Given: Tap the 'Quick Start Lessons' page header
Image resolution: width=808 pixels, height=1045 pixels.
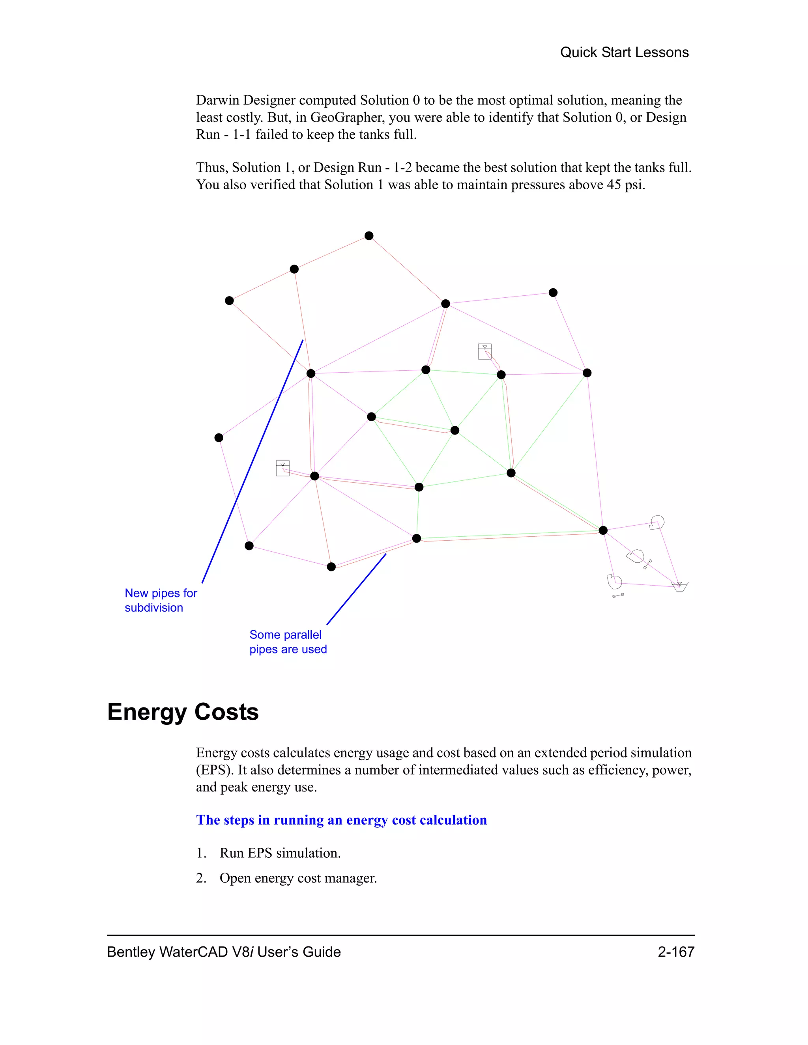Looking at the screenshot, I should tap(624, 52).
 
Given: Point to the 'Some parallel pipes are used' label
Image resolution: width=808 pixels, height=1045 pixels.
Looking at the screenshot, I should tap(288, 642).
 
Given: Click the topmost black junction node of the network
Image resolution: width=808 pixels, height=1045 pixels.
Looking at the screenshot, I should tap(368, 235).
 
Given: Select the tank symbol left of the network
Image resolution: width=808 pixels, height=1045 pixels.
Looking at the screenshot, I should tap(283, 468).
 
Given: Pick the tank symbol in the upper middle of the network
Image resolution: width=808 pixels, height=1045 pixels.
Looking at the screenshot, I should tap(484, 351).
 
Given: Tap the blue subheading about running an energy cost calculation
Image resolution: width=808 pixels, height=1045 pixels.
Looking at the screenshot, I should tap(341, 820).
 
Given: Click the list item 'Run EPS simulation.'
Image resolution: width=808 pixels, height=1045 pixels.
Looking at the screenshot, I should tap(280, 853).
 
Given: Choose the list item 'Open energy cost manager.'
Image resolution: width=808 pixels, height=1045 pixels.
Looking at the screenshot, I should tap(298, 878).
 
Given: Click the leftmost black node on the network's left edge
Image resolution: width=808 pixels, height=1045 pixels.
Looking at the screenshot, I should tap(219, 437).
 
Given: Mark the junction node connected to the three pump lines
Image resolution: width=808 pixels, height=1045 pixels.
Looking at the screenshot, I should tap(603, 530).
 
